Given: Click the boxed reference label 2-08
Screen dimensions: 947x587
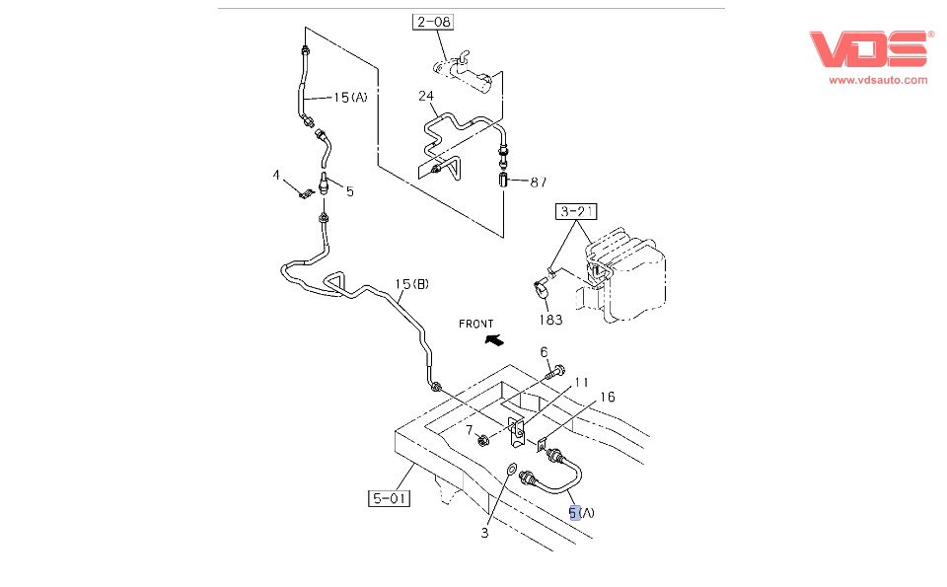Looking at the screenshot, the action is coord(433,22).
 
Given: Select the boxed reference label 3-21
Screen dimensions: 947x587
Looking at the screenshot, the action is coord(576,211).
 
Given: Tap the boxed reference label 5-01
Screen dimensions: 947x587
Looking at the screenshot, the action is coord(389,498).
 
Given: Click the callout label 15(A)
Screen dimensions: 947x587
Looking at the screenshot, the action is coord(350,98).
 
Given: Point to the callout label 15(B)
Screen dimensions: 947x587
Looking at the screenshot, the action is coord(412,284).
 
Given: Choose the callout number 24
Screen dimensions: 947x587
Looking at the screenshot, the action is coord(426,96).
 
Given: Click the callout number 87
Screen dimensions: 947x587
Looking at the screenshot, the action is coord(539,182).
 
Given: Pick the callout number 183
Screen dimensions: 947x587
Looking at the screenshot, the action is coord(550,320).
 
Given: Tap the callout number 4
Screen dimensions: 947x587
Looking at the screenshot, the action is coord(276,176).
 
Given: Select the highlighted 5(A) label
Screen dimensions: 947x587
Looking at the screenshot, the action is coord(582,513).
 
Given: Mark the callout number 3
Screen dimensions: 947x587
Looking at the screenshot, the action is coord(484,534).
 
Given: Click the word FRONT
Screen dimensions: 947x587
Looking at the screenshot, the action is coord(475,325).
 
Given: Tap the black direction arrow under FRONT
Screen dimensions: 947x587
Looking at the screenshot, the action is coord(494,340).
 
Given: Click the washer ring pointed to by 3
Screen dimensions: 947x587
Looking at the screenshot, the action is coord(511,469).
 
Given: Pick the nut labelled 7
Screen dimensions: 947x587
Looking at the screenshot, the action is coord(482,440).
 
